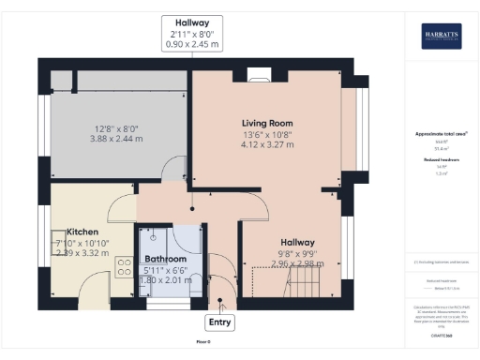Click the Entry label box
[220, 322]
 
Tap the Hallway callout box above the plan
[190, 32]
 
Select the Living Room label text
[267, 123]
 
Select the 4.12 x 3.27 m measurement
[267, 144]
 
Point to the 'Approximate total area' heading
[441, 134]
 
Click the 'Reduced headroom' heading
[441, 160]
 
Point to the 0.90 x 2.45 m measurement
[190, 44]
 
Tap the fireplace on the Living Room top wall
[255, 72]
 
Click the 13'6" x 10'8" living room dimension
[267, 134]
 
